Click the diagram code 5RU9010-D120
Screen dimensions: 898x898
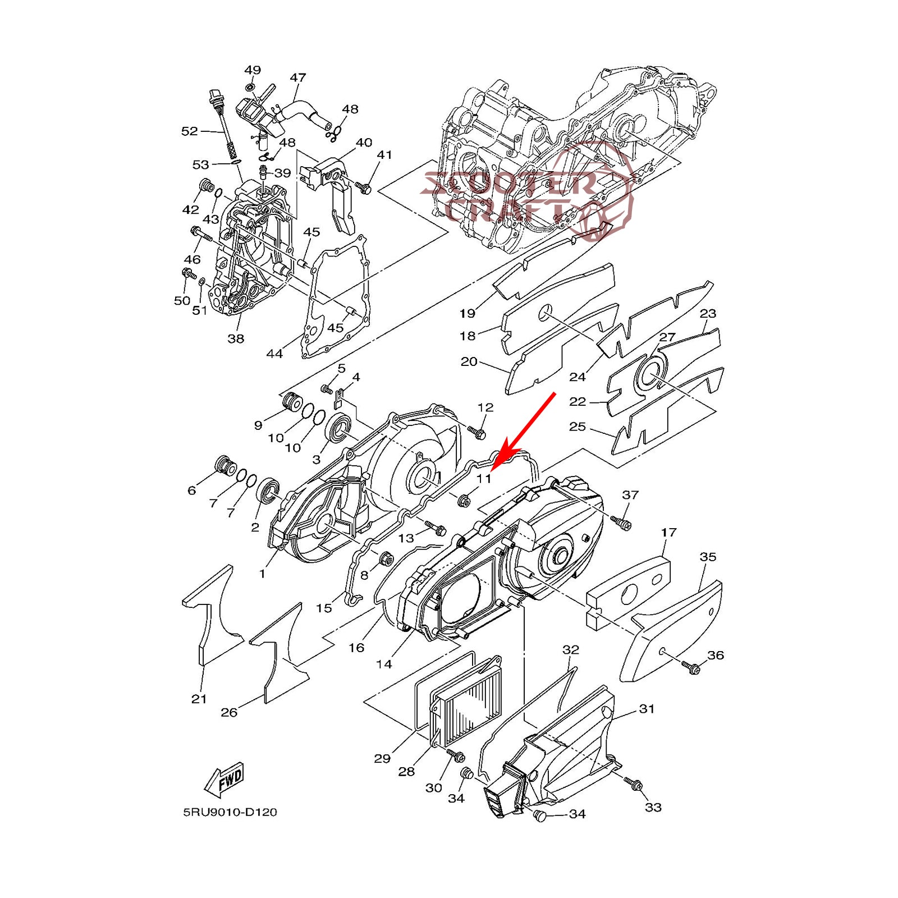tap(230, 812)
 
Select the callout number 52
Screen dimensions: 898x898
tap(190, 131)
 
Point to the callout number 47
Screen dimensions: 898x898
tap(298, 77)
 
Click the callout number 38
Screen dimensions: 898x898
tap(236, 338)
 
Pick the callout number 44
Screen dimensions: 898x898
tap(274, 354)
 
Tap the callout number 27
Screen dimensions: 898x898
tap(667, 337)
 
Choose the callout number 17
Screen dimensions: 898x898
tap(668, 532)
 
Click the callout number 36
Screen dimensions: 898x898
tap(716, 655)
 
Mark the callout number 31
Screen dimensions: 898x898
tap(647, 709)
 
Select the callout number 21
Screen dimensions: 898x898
tap(199, 699)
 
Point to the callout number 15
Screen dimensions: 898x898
tap(324, 608)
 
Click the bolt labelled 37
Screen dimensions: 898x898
tap(621, 522)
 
